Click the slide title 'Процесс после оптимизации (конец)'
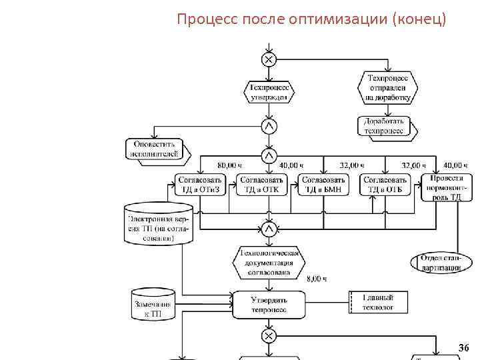311,19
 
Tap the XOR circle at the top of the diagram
269,60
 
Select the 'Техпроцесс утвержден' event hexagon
269,92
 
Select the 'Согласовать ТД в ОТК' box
261,185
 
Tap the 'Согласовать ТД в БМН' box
323,185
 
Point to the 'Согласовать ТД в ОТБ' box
385,185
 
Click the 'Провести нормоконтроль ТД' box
445,187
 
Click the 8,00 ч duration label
317,279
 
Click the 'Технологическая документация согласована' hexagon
269,263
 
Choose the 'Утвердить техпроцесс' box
269,304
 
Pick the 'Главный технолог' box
377,302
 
